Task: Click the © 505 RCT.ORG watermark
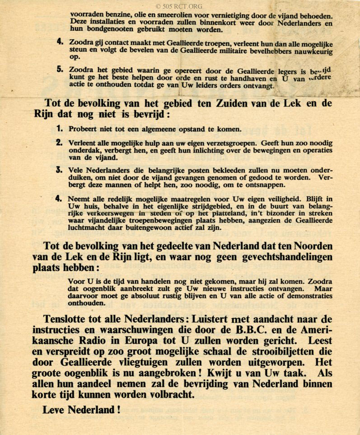pyautogui.click(x=179, y=6)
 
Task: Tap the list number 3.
pyautogui.click(x=60, y=170)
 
